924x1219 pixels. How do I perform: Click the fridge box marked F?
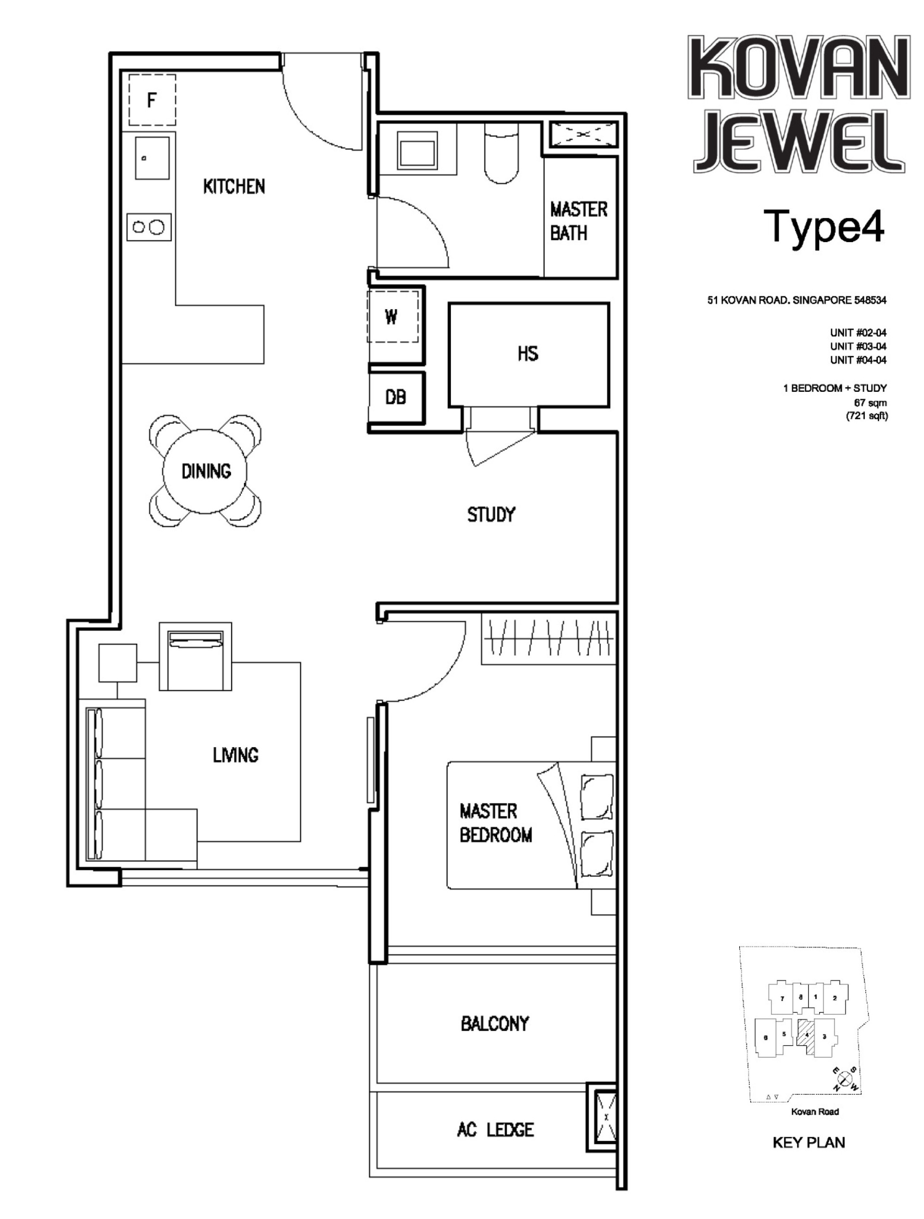pos(152,100)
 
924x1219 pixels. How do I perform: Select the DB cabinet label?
pos(396,397)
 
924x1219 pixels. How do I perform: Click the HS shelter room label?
pos(528,354)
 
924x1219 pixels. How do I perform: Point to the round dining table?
pos(205,471)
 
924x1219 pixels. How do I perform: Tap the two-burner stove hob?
pos(149,227)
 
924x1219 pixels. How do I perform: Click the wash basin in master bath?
pos(418,150)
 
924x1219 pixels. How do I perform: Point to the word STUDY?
pos(491,515)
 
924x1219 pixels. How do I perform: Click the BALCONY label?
pos(495,1024)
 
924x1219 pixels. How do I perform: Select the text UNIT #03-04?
pos(858,346)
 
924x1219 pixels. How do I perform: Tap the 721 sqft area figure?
pos(867,415)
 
